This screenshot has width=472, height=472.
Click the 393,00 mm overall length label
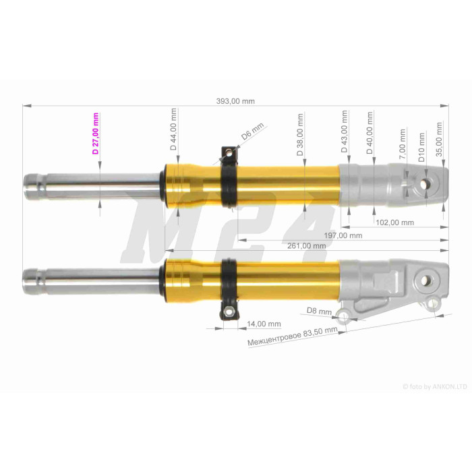coord(235,101)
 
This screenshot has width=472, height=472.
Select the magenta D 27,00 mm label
coord(96,134)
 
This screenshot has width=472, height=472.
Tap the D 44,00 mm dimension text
coord(173,129)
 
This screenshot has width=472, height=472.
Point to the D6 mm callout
coord(252,131)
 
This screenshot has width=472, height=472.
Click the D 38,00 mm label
coord(300,135)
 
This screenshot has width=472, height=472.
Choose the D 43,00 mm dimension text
coord(344,131)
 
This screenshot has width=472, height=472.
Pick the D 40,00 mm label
coord(370,133)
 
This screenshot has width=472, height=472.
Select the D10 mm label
coord(421,148)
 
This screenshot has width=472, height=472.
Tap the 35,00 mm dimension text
coord(439,139)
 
